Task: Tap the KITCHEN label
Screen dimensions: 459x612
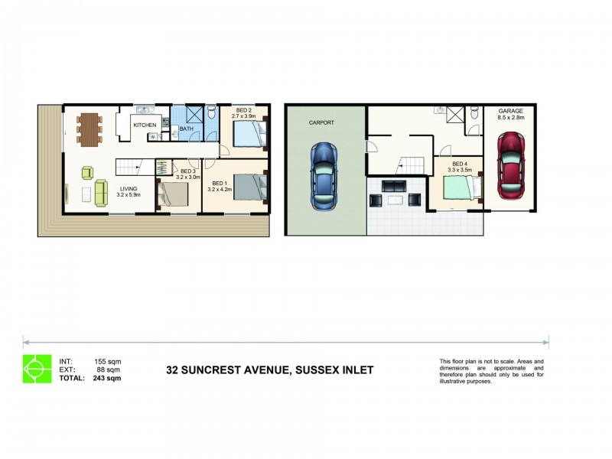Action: tap(145, 125)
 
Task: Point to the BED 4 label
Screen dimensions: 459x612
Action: tap(459, 164)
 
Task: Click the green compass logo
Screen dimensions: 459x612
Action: tap(35, 369)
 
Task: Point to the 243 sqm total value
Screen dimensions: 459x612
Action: tap(106, 378)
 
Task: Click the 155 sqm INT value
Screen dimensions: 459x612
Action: tap(107, 361)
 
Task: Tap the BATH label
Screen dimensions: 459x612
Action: tap(187, 129)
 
